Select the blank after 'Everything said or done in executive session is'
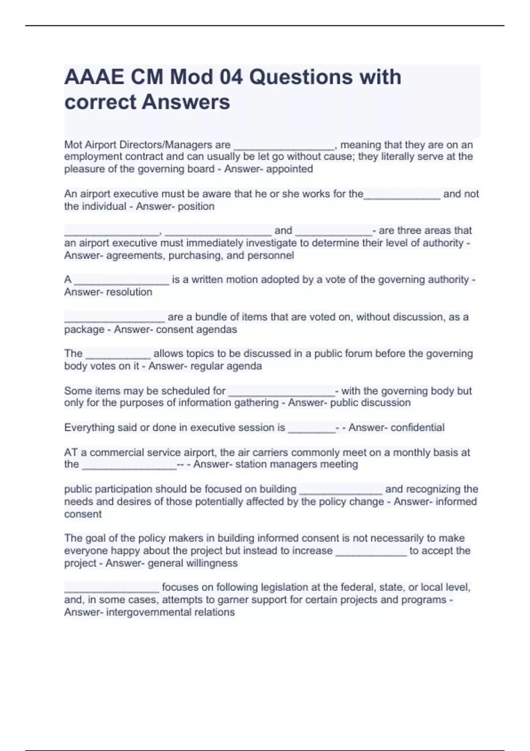pos(311,429)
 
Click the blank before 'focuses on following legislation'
pos(111,588)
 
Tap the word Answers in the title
pos(186,102)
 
